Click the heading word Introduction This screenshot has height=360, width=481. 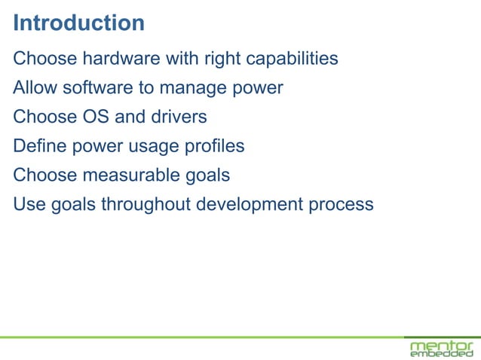click(78, 23)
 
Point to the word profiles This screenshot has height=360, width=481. click(214, 146)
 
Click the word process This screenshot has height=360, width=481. click(343, 204)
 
